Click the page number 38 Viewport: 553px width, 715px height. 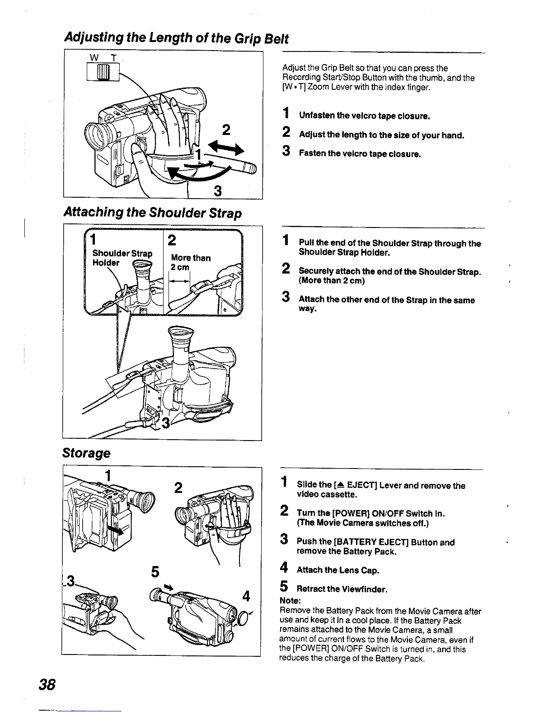coord(47,684)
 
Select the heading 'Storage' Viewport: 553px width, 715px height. coord(86,453)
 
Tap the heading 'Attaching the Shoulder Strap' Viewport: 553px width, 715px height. coord(153,213)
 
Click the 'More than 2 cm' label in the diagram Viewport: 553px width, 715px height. coord(190,262)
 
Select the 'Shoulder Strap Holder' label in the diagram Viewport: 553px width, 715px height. coord(122,258)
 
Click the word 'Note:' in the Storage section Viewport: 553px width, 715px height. coord(289,601)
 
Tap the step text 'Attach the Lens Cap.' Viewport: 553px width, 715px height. coord(337,570)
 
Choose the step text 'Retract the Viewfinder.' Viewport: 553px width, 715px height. coord(342,589)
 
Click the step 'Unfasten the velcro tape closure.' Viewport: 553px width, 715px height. coord(364,116)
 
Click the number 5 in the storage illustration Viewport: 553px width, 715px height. coord(155,571)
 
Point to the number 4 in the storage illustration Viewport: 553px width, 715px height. coord(246,596)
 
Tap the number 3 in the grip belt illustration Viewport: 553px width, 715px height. coord(217,191)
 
